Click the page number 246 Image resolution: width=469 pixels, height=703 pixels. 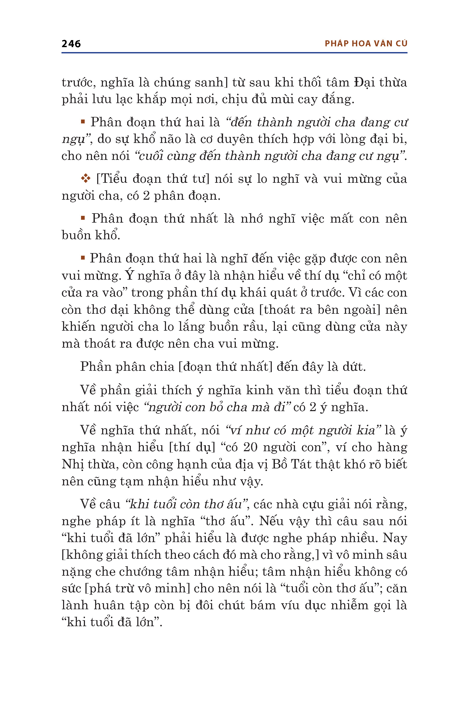click(71, 44)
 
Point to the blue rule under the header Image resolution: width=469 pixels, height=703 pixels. click(234, 53)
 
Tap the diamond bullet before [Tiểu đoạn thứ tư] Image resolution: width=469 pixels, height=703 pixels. click(85, 179)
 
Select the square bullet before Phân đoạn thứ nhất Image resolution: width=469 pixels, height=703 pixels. click(83, 218)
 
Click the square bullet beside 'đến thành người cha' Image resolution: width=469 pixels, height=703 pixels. click(83, 122)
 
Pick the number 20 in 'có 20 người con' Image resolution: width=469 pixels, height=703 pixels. click(250, 447)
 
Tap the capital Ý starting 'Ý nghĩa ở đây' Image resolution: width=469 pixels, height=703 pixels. click(129, 275)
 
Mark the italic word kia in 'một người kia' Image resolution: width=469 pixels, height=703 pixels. click(368, 430)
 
